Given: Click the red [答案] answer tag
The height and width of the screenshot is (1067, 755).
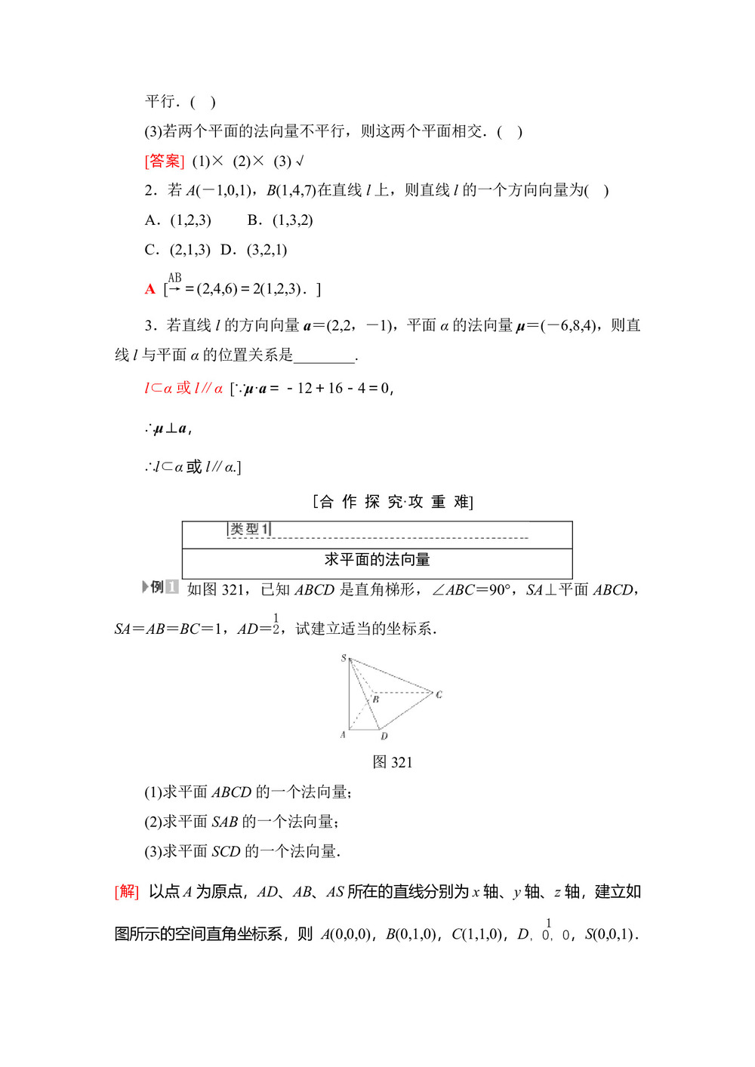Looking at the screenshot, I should point(164,161).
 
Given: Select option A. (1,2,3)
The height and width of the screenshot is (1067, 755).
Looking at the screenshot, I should point(178,220).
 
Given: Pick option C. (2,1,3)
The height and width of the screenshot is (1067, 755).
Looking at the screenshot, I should point(178,250).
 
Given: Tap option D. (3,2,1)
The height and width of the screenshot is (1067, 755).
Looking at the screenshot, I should point(254,250).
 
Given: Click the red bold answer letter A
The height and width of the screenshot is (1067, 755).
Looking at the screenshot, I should point(150,289).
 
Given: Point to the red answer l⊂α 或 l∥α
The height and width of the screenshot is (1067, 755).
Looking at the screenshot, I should point(183,389).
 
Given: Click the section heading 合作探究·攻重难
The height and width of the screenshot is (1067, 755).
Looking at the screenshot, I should point(393,502).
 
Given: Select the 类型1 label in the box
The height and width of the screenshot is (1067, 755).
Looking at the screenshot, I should point(249,529).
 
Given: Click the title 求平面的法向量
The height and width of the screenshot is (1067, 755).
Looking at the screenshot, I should point(377,559).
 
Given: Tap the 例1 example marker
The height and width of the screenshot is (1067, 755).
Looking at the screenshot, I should point(160,587).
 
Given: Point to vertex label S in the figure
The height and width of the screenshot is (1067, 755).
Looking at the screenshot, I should point(344,658).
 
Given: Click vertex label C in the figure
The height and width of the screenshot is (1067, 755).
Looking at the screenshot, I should point(439,694).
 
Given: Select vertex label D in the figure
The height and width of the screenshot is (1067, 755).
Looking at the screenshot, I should point(384,736).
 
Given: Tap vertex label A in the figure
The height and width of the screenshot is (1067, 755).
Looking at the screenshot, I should point(343,734).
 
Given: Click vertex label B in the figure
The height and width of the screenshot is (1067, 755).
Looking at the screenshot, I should point(376,700).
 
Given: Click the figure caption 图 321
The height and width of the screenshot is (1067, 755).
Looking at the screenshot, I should point(392,762).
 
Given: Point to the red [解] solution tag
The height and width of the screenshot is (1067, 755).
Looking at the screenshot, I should point(127,891).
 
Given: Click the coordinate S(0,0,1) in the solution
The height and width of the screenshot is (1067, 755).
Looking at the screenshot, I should point(611,934).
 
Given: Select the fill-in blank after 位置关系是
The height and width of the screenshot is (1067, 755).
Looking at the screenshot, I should point(325,355).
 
